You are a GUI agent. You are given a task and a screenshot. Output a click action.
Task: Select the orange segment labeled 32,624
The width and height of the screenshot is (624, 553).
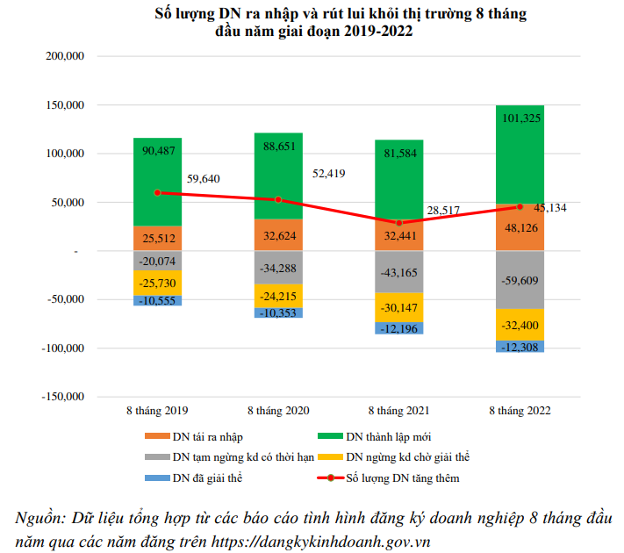[278, 234]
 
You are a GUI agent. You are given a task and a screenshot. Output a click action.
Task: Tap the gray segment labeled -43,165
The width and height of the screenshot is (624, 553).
[399, 272]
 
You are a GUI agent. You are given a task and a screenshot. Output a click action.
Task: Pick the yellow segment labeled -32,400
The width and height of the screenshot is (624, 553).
[520, 325]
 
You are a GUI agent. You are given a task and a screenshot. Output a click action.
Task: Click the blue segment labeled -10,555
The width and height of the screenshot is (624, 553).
[157, 300]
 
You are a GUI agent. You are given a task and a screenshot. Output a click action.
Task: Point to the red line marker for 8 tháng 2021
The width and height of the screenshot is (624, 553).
[399, 223]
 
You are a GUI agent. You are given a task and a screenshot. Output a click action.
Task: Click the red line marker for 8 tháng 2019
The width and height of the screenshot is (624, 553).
[157, 192]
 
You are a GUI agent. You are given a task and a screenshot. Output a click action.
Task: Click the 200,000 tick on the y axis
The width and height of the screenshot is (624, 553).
[63, 56]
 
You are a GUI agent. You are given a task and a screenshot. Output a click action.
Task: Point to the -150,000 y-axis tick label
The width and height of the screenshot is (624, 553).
[61, 396]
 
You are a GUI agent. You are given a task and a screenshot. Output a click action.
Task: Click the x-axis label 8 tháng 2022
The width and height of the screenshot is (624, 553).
[520, 410]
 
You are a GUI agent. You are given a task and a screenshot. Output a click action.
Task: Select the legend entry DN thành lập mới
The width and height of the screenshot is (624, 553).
[387, 436]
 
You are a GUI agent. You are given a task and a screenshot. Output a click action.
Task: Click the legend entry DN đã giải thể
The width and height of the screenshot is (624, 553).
[207, 478]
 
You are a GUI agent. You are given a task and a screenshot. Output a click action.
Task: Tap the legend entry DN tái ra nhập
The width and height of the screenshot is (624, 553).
[208, 436]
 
